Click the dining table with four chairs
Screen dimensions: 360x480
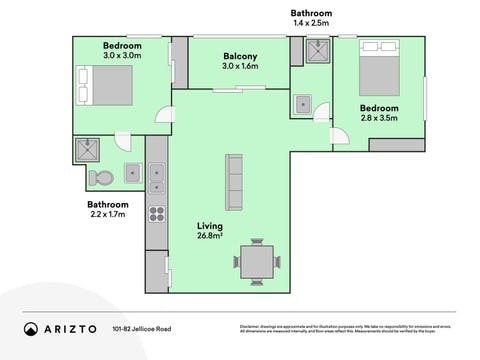pos(256,261)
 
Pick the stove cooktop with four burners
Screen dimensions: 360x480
pos(157,212)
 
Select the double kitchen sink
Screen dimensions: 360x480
pos(157,178)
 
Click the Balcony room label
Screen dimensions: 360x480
pos(240,56)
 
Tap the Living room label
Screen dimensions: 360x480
pos(210,227)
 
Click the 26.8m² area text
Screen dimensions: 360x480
pos(210,238)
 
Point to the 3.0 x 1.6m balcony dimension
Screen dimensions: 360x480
pos(240,67)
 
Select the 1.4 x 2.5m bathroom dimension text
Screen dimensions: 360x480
pos(311,22)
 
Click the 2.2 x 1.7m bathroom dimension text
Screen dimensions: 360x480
pos(109,214)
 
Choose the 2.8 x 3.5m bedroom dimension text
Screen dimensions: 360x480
pos(380,118)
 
